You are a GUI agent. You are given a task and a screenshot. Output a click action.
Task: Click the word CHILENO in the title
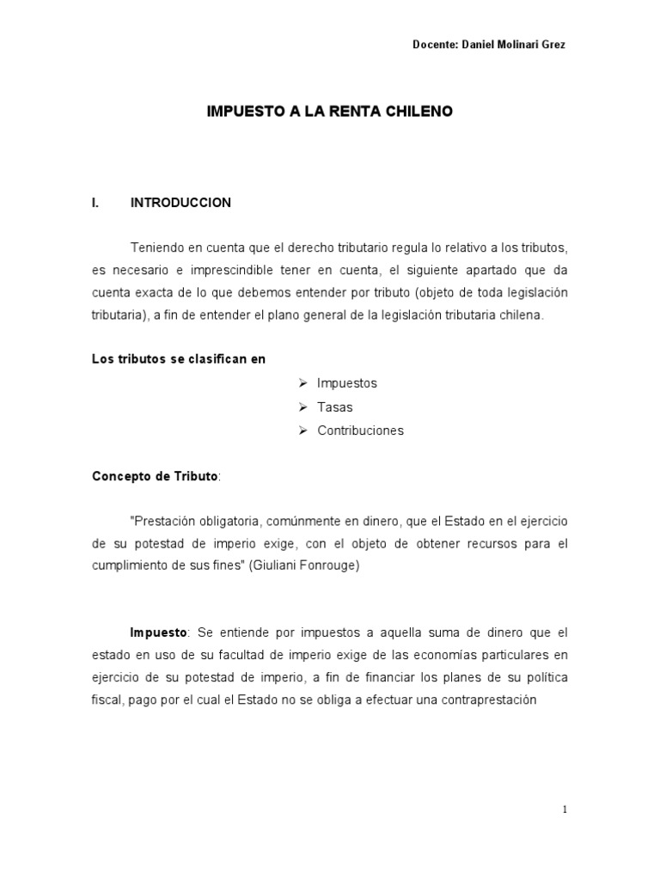[418, 112]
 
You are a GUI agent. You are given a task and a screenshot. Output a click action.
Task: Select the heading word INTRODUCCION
[180, 203]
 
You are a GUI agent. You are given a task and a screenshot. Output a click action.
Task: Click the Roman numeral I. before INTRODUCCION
[96, 203]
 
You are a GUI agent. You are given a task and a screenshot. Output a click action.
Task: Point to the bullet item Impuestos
[346, 383]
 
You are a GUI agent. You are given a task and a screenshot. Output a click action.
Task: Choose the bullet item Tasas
[334, 406]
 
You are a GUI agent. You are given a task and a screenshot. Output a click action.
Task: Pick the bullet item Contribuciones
[360, 431]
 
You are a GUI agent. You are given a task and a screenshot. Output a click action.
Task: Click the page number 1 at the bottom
[565, 809]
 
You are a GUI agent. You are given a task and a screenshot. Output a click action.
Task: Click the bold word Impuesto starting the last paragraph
[158, 632]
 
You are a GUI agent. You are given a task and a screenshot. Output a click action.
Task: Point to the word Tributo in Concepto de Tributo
[198, 476]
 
